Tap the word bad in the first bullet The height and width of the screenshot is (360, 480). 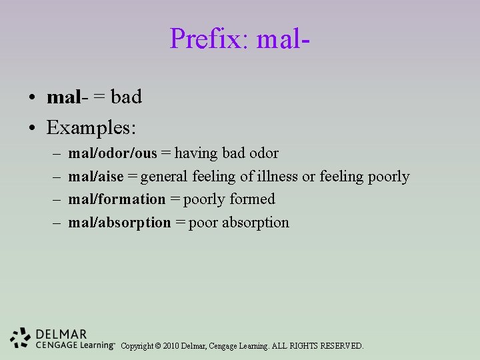pyautogui.click(x=127, y=97)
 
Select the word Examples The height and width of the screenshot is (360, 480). pyautogui.click(x=91, y=125)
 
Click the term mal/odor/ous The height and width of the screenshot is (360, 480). pyautogui.click(x=113, y=153)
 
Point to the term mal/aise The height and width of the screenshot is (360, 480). pyautogui.click(x=96, y=177)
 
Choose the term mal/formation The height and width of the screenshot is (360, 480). pyautogui.click(x=117, y=199)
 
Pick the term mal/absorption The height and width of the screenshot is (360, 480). pyautogui.click(x=120, y=223)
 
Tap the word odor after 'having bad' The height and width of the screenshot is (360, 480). pyautogui.click(x=263, y=153)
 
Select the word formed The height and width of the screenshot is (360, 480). pyautogui.click(x=252, y=199)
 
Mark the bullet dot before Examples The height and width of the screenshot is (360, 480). pyautogui.click(x=32, y=126)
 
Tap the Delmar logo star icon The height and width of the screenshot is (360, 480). pyautogui.click(x=21, y=338)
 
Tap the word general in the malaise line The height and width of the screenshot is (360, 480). pyautogui.click(x=165, y=177)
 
